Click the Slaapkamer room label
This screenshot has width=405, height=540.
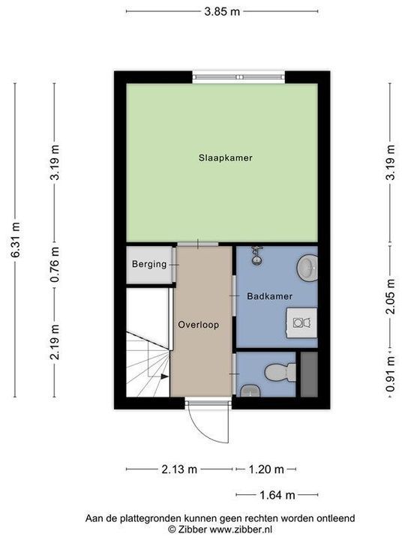[x=225, y=158]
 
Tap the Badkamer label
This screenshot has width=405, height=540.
[x=269, y=296]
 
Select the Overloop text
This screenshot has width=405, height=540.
[x=199, y=325]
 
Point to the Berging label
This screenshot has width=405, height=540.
[x=148, y=264]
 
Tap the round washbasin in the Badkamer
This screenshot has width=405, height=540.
[x=307, y=265]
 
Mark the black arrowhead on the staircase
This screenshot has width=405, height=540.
[x=161, y=376]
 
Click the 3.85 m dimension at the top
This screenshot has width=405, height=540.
[x=223, y=11]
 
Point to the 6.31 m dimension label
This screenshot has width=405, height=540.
[x=15, y=240]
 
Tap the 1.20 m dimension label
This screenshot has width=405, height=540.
[x=266, y=469]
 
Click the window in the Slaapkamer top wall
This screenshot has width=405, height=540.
[x=238, y=76]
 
